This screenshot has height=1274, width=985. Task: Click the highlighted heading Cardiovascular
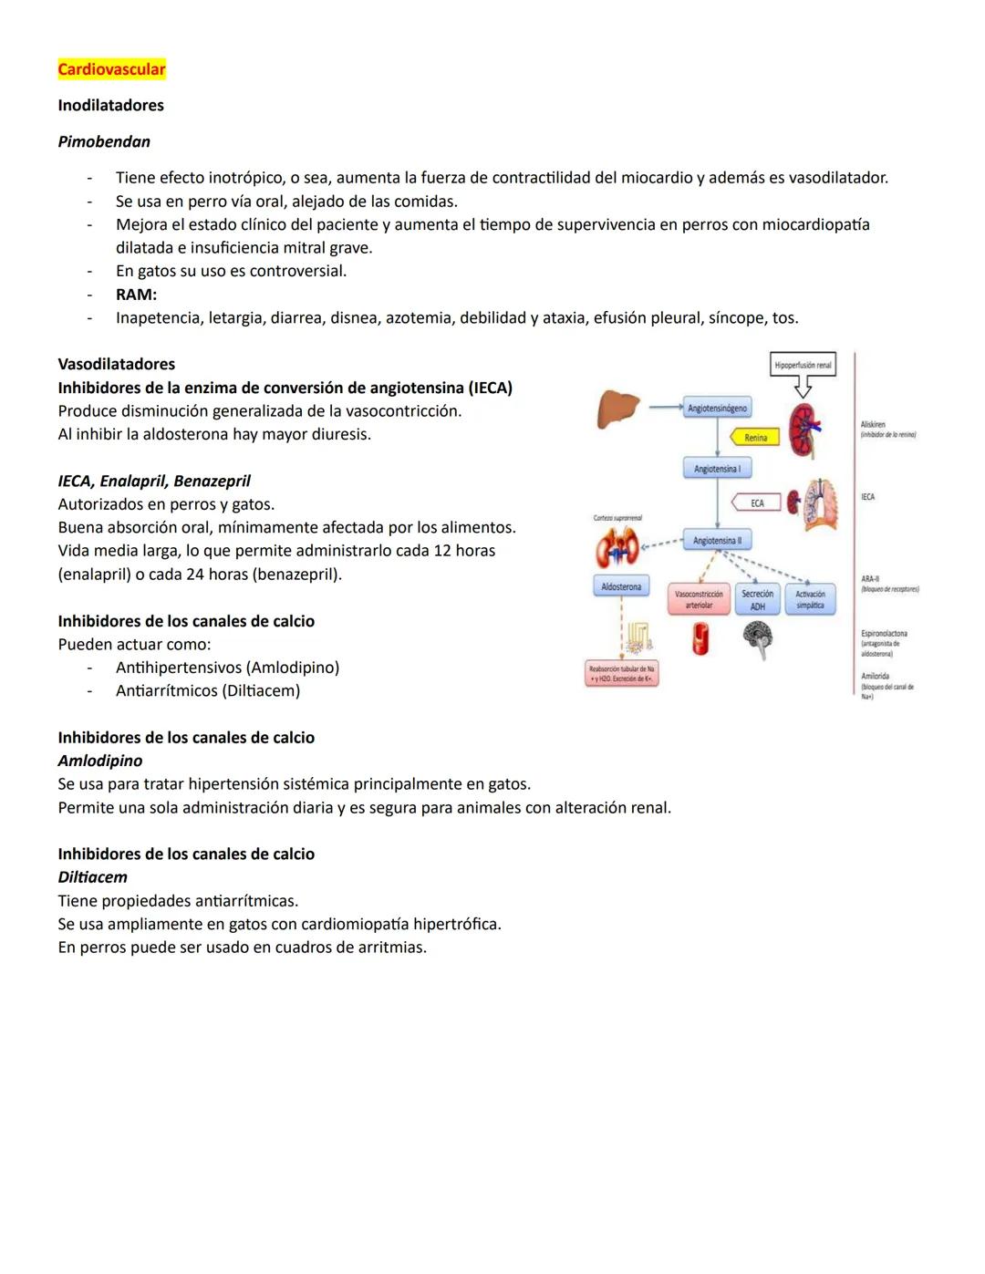click(x=111, y=69)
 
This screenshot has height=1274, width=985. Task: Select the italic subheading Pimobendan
click(x=104, y=141)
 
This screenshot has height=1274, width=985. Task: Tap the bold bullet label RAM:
click(x=136, y=295)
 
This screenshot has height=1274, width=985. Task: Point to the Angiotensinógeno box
click(x=717, y=409)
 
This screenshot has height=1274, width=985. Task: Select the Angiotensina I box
click(x=717, y=469)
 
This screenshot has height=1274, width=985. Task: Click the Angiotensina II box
click(x=717, y=541)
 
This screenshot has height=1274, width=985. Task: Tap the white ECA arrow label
click(x=756, y=503)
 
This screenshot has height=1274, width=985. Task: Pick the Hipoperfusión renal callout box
click(x=803, y=365)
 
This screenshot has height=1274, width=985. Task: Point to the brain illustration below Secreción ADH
click(x=757, y=637)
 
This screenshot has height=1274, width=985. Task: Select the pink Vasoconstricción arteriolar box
click(x=699, y=599)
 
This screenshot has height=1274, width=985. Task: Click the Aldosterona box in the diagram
click(x=621, y=586)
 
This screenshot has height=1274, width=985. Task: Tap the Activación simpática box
click(x=810, y=599)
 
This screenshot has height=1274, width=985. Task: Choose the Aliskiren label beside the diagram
click(x=873, y=424)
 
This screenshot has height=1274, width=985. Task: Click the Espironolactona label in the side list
click(x=884, y=633)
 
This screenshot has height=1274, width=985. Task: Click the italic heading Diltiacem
click(x=93, y=877)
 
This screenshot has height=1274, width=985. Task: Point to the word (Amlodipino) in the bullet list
click(x=292, y=668)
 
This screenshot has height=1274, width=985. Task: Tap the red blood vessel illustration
click(x=700, y=638)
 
